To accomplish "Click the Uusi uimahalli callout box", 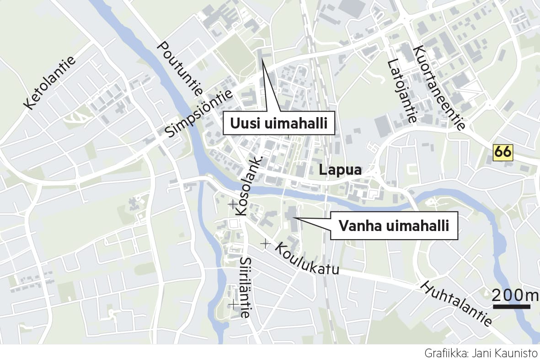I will coord(279,124).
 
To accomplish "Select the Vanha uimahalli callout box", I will coord(393,226).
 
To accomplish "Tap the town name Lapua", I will coord(340,170).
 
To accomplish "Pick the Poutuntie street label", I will coord(180,68).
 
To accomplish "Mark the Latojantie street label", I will coord(402,91).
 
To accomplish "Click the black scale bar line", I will coord(511,306).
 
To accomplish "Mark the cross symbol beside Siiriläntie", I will coord(234,304).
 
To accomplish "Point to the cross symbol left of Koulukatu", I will coord(265,244).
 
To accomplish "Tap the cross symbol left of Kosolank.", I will coord(232,204).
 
